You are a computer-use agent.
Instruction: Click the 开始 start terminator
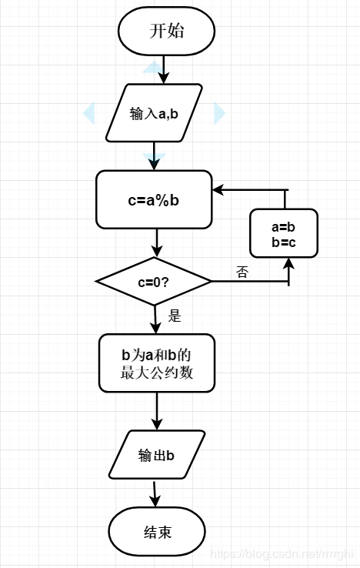(167, 32)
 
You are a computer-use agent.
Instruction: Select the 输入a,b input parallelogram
(154, 113)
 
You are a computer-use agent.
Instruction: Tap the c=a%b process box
(154, 200)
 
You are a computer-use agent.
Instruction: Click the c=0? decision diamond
(154, 281)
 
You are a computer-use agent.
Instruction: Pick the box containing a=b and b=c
(284, 233)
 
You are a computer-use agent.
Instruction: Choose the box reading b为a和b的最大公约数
(156, 364)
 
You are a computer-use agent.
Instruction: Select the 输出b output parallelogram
(157, 454)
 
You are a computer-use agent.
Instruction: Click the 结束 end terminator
(157, 532)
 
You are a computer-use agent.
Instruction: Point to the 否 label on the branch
(242, 272)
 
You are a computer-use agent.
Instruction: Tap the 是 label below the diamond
(174, 315)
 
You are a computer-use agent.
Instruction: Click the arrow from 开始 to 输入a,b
(163, 70)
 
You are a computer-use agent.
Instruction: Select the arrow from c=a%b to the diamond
(157, 243)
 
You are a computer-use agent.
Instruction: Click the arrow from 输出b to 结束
(156, 493)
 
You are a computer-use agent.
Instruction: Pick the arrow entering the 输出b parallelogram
(157, 412)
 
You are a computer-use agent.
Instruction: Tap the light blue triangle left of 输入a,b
(88, 113)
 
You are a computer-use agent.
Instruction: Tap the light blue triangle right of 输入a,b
(219, 113)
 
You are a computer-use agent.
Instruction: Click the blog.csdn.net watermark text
(282, 554)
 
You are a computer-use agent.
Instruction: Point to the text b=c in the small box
(284, 242)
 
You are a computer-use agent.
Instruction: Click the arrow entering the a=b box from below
(289, 269)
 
